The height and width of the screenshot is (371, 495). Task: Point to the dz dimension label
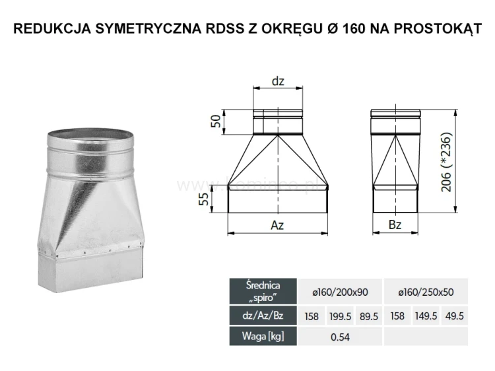click(278, 81)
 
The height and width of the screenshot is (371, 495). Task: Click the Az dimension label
click(278, 226)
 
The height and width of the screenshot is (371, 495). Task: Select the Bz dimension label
click(395, 226)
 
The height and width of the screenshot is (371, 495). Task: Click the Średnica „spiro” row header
click(263, 290)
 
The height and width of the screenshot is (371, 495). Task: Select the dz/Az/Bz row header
click(263, 316)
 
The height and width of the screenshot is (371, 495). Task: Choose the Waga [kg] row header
click(263, 337)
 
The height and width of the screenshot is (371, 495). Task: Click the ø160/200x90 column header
click(340, 291)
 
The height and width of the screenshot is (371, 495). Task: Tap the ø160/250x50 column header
click(426, 291)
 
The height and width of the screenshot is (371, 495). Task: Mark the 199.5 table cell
click(340, 316)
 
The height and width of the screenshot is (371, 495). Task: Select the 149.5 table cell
click(426, 316)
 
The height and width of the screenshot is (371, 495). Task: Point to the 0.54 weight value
click(340, 337)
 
